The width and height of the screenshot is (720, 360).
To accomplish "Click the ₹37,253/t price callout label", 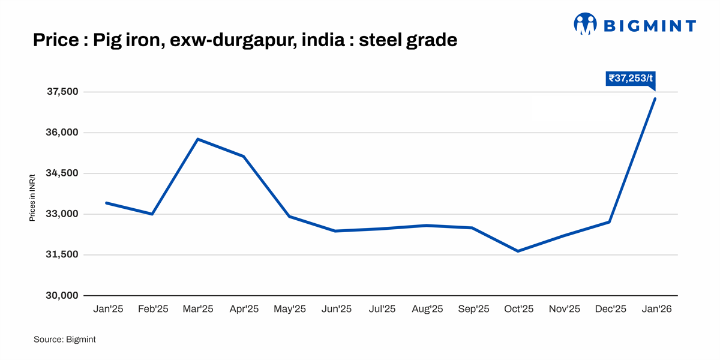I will (630, 78).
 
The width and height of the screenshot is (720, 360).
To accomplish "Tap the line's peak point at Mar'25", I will (198, 139).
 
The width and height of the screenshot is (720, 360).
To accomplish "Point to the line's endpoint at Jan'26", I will (655, 98).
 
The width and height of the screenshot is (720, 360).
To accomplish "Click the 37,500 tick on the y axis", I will (63, 92).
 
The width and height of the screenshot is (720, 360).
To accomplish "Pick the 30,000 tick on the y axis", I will (63, 296).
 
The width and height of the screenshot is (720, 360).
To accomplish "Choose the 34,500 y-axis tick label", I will (63, 173).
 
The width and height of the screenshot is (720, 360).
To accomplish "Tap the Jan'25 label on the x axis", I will (108, 309).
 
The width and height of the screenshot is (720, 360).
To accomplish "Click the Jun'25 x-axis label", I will (336, 309).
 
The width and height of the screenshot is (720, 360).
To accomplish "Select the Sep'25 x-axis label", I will (473, 309).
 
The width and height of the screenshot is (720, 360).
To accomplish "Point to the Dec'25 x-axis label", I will (610, 309).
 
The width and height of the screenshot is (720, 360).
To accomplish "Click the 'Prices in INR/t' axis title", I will (32, 197).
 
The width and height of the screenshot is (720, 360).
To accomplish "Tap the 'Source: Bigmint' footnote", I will (64, 340).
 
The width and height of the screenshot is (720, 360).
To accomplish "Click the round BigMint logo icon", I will (585, 24).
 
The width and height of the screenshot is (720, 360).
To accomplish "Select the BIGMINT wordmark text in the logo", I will (649, 25).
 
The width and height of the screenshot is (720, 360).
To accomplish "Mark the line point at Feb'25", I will (152, 214).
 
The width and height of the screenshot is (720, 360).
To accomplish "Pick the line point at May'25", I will (289, 217).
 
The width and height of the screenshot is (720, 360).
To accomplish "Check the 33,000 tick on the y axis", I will (63, 214).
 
